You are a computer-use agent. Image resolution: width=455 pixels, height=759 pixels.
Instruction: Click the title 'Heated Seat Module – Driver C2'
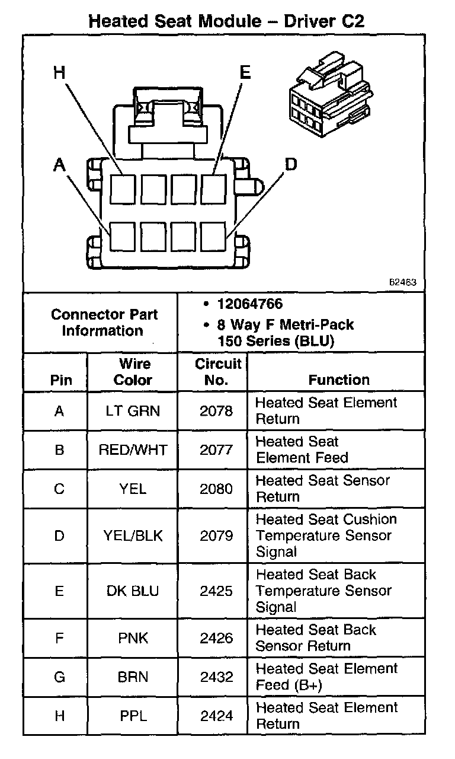[x=226, y=22]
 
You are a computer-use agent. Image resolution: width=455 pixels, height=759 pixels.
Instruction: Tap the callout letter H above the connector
[x=59, y=72]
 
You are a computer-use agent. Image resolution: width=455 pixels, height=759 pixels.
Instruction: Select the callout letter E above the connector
[x=245, y=72]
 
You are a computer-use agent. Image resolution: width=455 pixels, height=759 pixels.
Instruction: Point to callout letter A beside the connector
[x=59, y=165]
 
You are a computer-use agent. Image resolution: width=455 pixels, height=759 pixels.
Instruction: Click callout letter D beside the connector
[x=290, y=164]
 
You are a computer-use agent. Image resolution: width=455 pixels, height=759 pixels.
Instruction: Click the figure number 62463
[x=402, y=283]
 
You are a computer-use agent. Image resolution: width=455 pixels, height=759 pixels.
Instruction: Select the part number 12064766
[x=250, y=304]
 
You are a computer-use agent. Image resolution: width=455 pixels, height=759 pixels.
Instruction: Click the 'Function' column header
[x=339, y=379]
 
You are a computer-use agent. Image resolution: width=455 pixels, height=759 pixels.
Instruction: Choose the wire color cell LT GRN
[x=133, y=410]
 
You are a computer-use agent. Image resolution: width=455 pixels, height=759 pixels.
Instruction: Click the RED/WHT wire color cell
[x=133, y=449]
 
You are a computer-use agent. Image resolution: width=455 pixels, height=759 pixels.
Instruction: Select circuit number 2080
[x=216, y=489]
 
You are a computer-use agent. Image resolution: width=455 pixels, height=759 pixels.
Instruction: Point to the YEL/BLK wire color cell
[x=133, y=535]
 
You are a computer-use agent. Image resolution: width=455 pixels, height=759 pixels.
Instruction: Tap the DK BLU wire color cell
[x=133, y=591]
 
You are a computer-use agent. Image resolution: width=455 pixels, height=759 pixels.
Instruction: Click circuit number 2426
[x=216, y=638]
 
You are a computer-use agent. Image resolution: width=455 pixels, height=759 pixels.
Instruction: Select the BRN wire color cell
[x=133, y=677]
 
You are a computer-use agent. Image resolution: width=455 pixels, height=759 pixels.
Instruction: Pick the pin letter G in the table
[x=59, y=677]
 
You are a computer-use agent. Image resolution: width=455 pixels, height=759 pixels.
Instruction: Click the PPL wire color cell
[x=133, y=716]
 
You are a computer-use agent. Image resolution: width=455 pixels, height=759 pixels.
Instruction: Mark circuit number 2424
[x=216, y=716]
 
